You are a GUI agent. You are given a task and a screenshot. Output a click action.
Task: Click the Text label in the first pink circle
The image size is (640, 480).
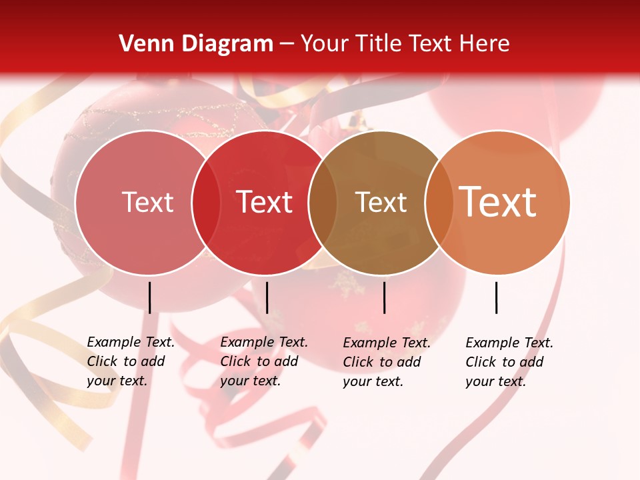147,202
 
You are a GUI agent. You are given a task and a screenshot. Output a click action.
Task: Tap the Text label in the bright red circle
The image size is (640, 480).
265,202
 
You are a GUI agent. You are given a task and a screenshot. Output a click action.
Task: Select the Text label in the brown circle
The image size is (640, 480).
381,202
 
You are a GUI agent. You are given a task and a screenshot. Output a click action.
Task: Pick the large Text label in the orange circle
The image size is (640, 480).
498,201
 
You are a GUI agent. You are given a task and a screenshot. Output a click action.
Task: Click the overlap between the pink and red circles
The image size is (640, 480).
206,203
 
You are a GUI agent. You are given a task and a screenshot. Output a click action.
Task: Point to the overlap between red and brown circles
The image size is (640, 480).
323,203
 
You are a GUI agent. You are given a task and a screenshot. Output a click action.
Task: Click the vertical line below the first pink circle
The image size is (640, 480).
149,297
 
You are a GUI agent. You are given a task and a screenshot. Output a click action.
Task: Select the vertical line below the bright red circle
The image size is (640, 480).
267,297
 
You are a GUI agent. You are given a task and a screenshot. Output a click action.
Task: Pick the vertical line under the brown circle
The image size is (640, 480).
384,297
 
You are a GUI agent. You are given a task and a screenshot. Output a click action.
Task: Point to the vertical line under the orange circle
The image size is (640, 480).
497,297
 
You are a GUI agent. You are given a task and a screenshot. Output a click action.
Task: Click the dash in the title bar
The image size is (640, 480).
287,45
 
